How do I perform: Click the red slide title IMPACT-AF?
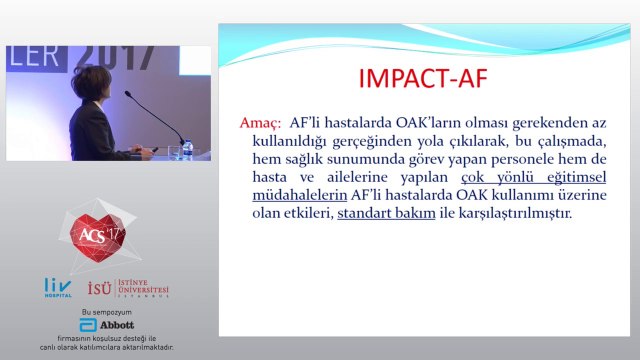[x=423, y=78]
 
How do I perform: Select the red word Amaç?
[x=260, y=122]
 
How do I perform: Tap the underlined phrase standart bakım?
[x=386, y=213]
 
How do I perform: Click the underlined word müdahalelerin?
[x=300, y=195]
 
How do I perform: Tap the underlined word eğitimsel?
[x=576, y=178]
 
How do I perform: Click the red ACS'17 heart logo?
[x=98, y=237]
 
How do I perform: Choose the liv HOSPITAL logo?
[x=58, y=288]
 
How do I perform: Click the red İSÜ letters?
[x=99, y=288]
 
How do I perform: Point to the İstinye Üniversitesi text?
[x=143, y=288]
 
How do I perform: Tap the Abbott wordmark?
[x=117, y=325]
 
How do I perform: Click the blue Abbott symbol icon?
[x=88, y=325]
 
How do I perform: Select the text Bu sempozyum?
[x=107, y=312]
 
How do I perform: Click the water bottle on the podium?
[x=188, y=149]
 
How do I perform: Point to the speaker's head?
[x=92, y=83]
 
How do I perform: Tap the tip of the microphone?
[x=127, y=93]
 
